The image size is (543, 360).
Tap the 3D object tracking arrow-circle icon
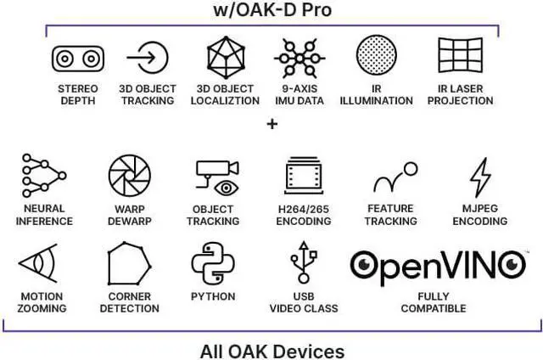point(148,58)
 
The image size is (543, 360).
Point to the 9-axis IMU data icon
point(299,58)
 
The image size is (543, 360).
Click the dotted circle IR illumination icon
point(377,57)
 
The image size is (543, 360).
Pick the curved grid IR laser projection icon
point(460,57)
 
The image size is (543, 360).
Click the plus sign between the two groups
point(272,124)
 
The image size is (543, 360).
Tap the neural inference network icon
point(43,176)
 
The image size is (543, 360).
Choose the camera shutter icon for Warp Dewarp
point(129,176)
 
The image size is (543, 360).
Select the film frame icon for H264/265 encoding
point(303,177)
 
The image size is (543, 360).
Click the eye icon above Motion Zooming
point(40,265)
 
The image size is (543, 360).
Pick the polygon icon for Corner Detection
point(129,265)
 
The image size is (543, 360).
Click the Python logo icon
point(212,264)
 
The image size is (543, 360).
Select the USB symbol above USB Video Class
point(302,265)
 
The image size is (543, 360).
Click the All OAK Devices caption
point(272,349)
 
